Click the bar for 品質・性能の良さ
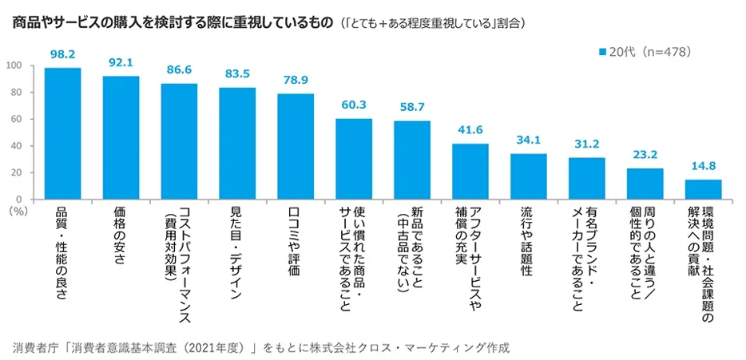pos(62,133)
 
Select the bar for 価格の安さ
pos(121,137)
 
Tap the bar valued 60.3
pos(354,159)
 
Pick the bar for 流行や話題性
pos(529,176)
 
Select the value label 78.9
pos(296,81)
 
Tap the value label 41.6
pos(470,130)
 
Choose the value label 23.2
pos(645,155)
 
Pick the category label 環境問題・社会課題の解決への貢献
pos(703,263)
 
